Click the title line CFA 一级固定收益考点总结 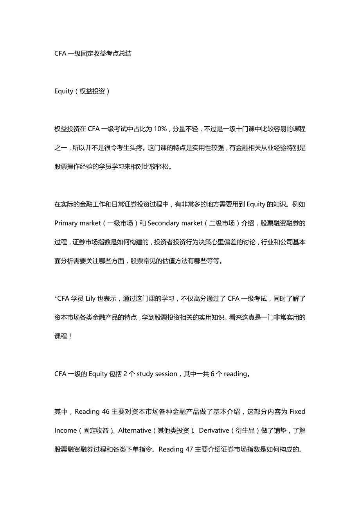pyautogui.click(x=93, y=54)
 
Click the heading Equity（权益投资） pyautogui.click(x=82, y=91)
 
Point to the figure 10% pyautogui.click(x=160, y=129)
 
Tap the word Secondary pyautogui.click(x=162, y=223)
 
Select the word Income pyautogui.click(x=65, y=430)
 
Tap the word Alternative pyautogui.click(x=135, y=430)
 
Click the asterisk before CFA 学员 pyautogui.click(x=56, y=299)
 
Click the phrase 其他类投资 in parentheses pyautogui.click(x=173, y=430)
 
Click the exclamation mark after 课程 pyautogui.click(x=70, y=336)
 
